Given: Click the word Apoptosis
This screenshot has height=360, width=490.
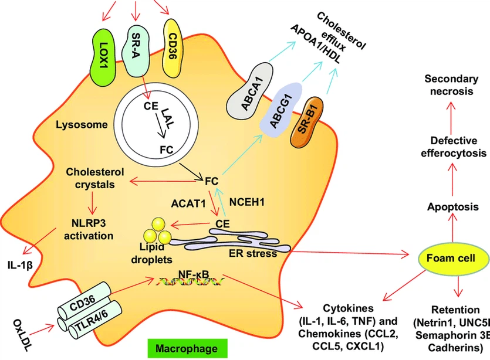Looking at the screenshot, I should (x=450, y=208).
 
